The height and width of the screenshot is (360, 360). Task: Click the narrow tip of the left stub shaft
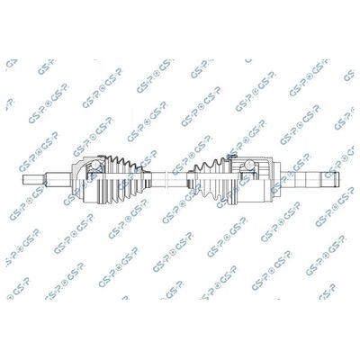click(x=33, y=180)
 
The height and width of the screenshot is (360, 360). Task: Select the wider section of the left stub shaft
click(x=58, y=180)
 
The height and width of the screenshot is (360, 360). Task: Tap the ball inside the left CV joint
click(x=95, y=166)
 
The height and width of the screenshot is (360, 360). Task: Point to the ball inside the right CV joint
click(x=249, y=165)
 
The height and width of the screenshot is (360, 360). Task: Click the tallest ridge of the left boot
click(x=114, y=179)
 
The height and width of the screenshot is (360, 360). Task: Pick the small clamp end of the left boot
click(x=148, y=180)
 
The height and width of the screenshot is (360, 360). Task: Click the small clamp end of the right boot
click(x=190, y=180)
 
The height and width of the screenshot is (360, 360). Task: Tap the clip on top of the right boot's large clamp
click(x=232, y=157)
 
